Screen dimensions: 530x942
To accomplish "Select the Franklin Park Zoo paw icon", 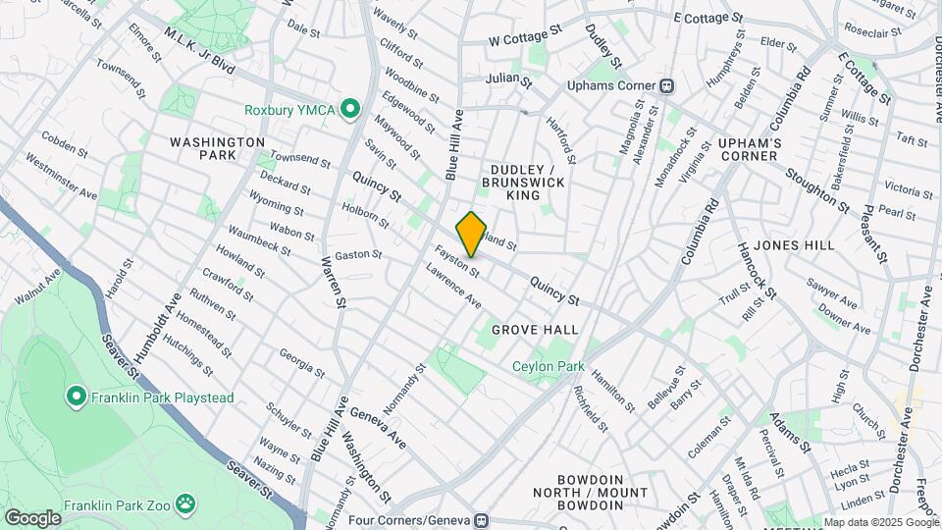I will (x=186, y=506).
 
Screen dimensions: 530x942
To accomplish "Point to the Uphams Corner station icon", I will (x=667, y=85).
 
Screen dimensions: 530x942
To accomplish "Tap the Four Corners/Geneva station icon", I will (x=481, y=519).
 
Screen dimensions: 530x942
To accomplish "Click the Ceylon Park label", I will (x=548, y=367).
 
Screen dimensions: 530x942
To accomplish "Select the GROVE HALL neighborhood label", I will (x=535, y=329).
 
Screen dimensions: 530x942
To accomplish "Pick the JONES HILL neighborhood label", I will (x=796, y=244).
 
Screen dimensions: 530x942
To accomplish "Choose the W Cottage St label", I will (x=525, y=36).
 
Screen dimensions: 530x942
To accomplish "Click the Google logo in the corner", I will (x=32, y=517).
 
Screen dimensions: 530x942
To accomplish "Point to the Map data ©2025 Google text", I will (x=880, y=522).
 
